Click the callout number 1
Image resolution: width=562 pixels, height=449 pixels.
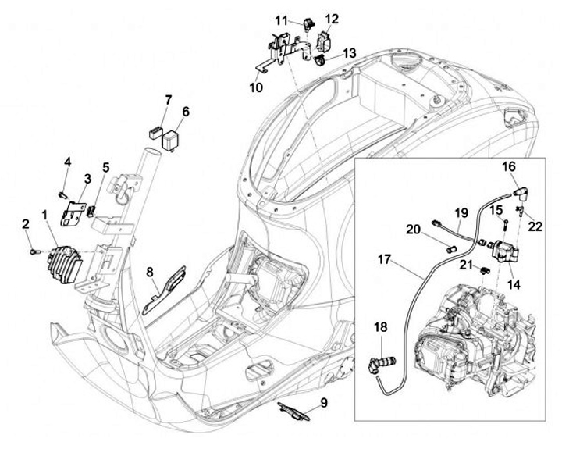tap(44, 213)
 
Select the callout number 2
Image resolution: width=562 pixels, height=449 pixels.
tap(25, 223)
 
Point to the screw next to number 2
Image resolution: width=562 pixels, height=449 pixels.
tap(33, 252)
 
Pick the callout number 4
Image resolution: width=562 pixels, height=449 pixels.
tap(67, 162)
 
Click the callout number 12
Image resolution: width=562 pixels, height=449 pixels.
tap(331, 18)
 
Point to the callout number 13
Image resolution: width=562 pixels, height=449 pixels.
tap(349, 52)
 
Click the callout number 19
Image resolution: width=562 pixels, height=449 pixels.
tap(461, 212)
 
